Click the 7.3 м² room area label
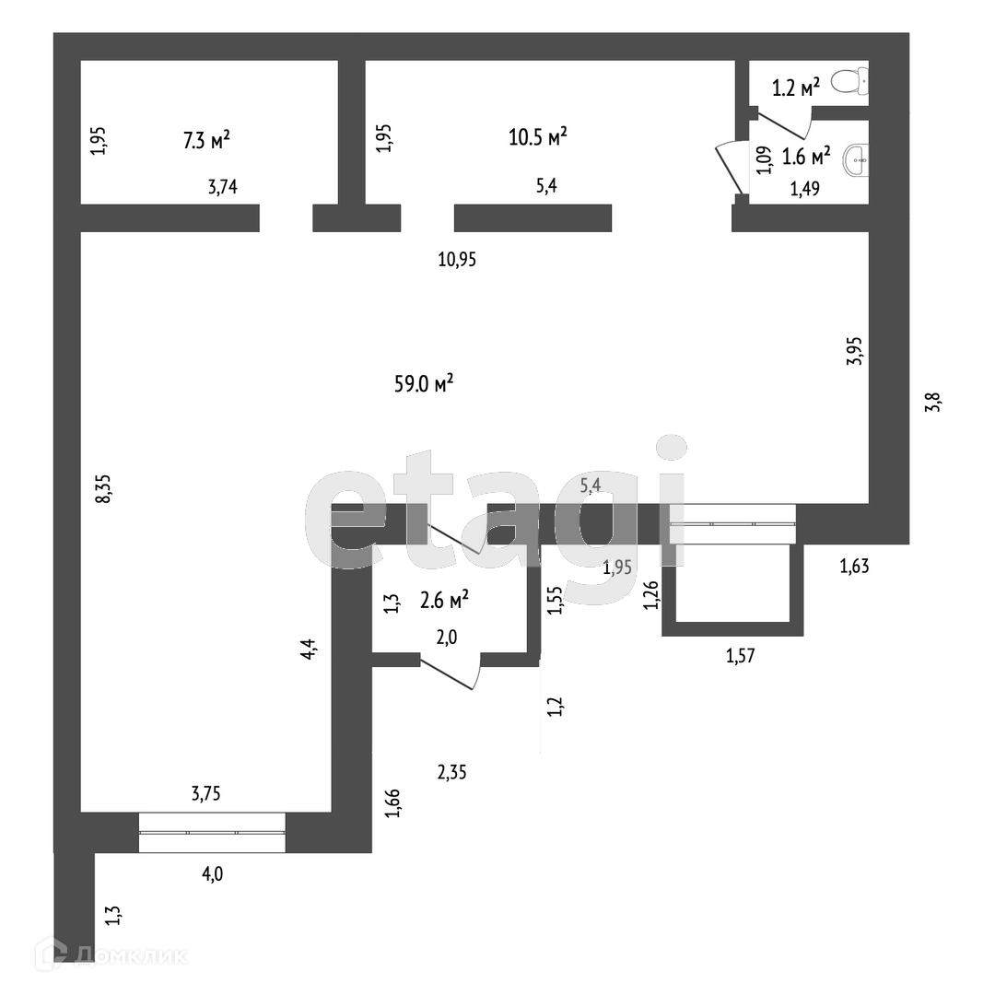click(x=205, y=140)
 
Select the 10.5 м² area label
click(x=537, y=137)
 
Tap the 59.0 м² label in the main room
click(x=424, y=384)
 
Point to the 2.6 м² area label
click(x=444, y=601)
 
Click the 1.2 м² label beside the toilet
click(x=796, y=88)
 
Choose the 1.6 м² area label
click(x=806, y=156)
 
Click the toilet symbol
click(x=849, y=82)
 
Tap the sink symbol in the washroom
click(x=857, y=159)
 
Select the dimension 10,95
click(x=456, y=260)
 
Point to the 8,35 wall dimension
click(x=103, y=487)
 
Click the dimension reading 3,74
click(x=223, y=187)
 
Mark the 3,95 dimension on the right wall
click(x=855, y=351)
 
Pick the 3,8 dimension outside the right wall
click(x=932, y=403)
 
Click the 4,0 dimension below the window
click(x=212, y=873)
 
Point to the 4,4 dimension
click(x=311, y=649)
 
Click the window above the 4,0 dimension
click(x=212, y=832)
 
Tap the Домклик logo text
click(x=129, y=955)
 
